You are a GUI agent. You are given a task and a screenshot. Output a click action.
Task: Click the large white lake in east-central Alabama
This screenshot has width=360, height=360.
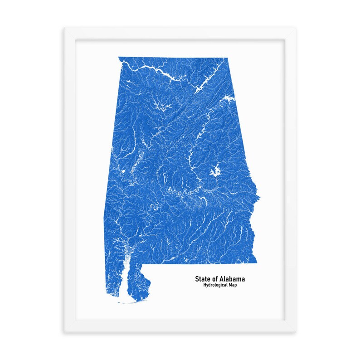tap(215, 171)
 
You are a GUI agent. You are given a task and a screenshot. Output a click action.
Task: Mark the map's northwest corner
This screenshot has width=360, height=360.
tap(119, 58)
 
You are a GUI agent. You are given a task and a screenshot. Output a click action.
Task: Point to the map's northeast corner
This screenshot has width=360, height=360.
tap(227, 58)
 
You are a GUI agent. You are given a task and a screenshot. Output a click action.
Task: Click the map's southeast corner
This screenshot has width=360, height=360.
tap(257, 262)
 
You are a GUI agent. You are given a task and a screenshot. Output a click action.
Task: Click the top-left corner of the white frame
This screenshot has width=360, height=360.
tap(64, 28)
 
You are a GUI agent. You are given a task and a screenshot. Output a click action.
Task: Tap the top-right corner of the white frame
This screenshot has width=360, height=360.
tap(296, 28)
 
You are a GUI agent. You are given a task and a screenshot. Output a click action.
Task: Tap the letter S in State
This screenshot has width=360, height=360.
tap(197, 279)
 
